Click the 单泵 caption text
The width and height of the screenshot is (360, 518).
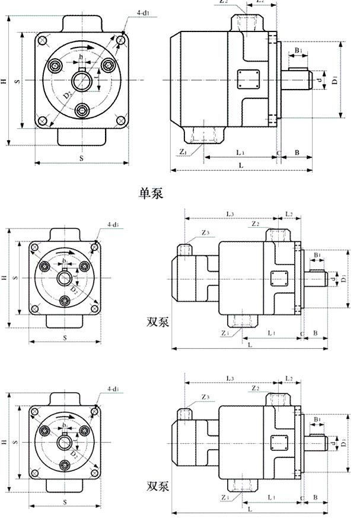click(x=151, y=193)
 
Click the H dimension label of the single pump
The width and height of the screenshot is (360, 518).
click(x=5, y=80)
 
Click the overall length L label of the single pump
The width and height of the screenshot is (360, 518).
click(x=240, y=164)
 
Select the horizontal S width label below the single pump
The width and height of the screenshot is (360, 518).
click(x=81, y=157)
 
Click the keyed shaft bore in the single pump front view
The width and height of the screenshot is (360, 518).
click(x=82, y=80)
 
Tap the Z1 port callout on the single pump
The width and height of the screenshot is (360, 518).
click(x=184, y=152)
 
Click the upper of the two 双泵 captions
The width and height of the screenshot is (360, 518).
click(x=158, y=322)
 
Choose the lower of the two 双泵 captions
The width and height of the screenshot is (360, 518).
click(x=158, y=487)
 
